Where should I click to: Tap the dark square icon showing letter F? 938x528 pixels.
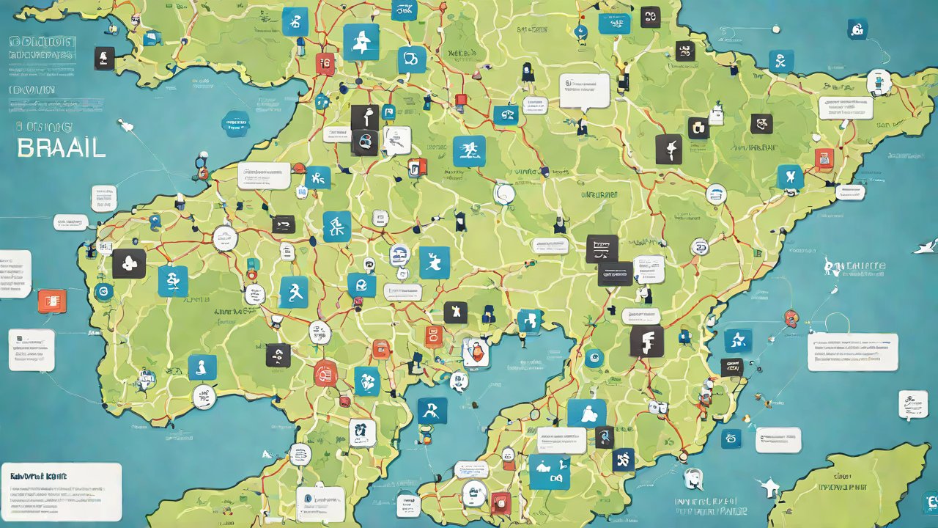point(646,342)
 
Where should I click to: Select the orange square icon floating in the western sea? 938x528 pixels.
point(51,301)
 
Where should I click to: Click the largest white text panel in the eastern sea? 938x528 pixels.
point(852,352)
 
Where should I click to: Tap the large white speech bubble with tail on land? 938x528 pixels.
point(584,91)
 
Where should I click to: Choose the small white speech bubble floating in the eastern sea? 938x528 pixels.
point(912,404)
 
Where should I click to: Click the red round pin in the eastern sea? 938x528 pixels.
point(790,318)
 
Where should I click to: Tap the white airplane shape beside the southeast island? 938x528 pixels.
point(769,485)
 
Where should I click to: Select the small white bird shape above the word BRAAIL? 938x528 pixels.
point(126,125)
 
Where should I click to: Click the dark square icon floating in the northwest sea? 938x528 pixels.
point(105,58)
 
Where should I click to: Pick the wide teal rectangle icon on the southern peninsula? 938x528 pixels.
point(549,472)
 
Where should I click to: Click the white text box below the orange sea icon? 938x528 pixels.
point(32,350)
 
